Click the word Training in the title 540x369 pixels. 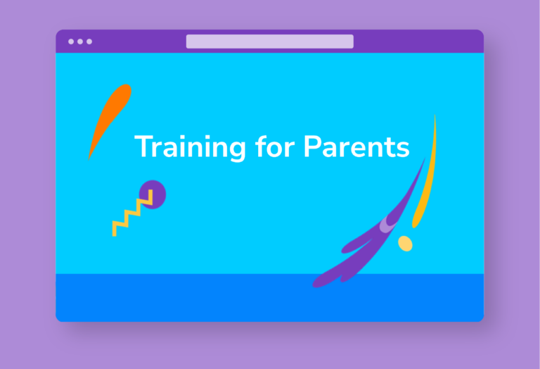click(x=190, y=147)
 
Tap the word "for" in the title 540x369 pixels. click(x=275, y=146)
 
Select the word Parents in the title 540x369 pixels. click(x=356, y=146)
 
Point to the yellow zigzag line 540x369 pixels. click(x=132, y=213)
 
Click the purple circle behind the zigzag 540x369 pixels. click(x=153, y=194)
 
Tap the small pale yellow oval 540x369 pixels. click(x=405, y=244)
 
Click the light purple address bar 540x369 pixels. click(x=270, y=42)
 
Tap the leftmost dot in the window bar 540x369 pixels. click(x=71, y=42)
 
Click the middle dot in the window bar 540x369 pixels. click(x=80, y=42)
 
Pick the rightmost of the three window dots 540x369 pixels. click(x=89, y=42)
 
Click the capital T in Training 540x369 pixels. click(x=143, y=146)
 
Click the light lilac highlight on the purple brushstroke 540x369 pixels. click(x=387, y=225)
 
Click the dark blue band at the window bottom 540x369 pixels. click(x=270, y=298)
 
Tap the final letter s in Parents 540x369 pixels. click(x=402, y=149)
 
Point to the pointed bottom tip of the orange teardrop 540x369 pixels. click(x=89, y=160)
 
